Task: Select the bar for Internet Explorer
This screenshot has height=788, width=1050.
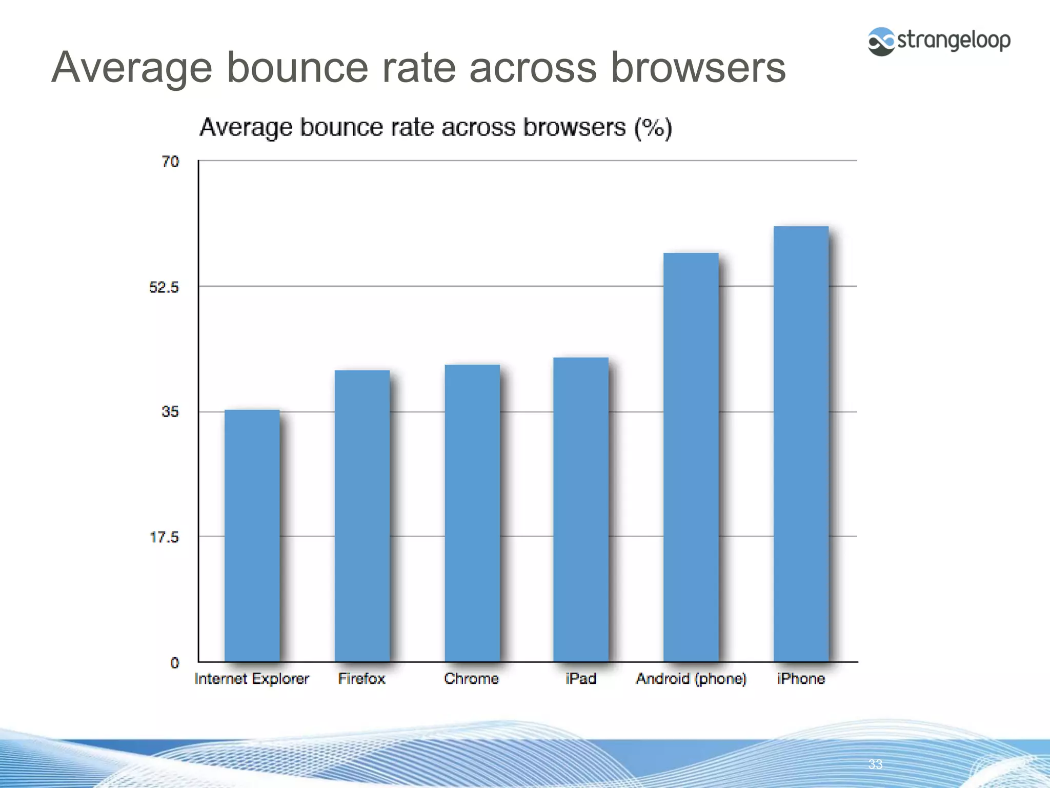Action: click(x=252, y=536)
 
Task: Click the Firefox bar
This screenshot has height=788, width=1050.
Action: click(x=362, y=516)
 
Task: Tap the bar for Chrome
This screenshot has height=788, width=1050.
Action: click(x=472, y=513)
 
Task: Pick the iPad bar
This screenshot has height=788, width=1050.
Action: click(x=581, y=509)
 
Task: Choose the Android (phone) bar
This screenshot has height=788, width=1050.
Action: click(x=691, y=457)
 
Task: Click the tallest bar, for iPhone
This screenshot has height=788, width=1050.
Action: click(x=801, y=444)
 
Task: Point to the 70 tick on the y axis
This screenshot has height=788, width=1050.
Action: click(x=170, y=162)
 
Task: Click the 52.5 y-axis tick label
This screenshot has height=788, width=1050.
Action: click(x=164, y=287)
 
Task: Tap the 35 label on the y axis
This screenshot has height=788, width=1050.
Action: click(x=170, y=411)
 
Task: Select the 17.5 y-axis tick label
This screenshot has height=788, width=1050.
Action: click(x=164, y=537)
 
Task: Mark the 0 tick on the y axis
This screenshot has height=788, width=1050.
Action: click(x=175, y=663)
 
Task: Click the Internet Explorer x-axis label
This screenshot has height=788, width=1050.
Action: click(x=252, y=679)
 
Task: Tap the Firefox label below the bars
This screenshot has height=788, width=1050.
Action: click(x=361, y=679)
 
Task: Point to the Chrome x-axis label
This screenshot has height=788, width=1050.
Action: click(x=471, y=679)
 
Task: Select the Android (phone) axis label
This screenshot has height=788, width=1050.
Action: click(x=691, y=679)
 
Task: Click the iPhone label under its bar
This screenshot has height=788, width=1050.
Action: click(x=801, y=679)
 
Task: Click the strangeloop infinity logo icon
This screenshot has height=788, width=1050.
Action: click(x=881, y=41)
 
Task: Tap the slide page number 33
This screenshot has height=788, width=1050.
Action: click(x=875, y=764)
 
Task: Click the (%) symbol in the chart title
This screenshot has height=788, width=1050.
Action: click(x=653, y=128)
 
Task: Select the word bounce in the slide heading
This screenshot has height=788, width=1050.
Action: click(x=297, y=67)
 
